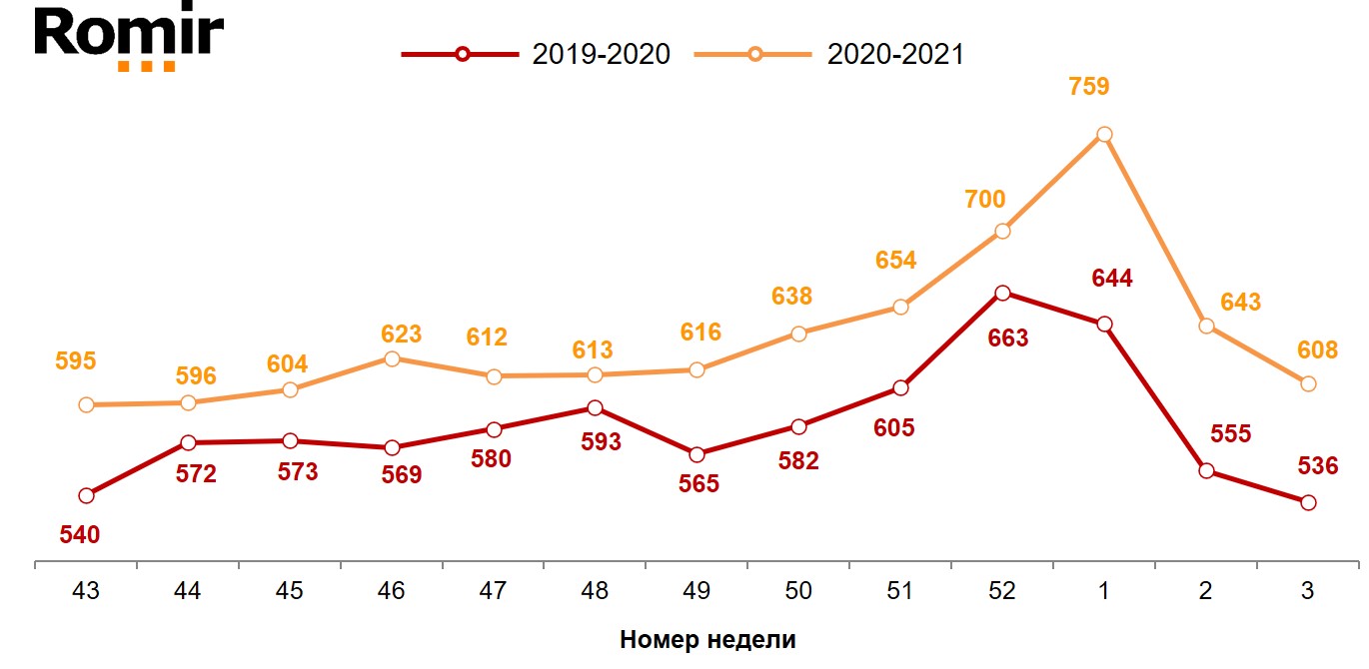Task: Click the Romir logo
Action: [x=128, y=37]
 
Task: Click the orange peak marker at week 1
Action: [x=1104, y=134]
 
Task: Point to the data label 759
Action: [x=1089, y=87]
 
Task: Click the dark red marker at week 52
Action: [x=1002, y=293]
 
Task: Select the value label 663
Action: [x=1008, y=338]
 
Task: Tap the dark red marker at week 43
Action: [x=86, y=495]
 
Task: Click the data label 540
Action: [x=80, y=535]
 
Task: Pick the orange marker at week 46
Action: [x=392, y=358]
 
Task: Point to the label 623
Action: [x=402, y=334]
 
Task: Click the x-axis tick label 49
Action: [x=696, y=591]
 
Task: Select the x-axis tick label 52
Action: [x=1002, y=591]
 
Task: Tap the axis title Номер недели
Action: [x=707, y=640]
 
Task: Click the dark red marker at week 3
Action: [x=1308, y=502]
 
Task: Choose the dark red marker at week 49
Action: [x=696, y=454]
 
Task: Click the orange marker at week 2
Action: [x=1206, y=326]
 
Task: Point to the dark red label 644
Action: [x=1112, y=279]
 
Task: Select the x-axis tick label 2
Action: [x=1206, y=591]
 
